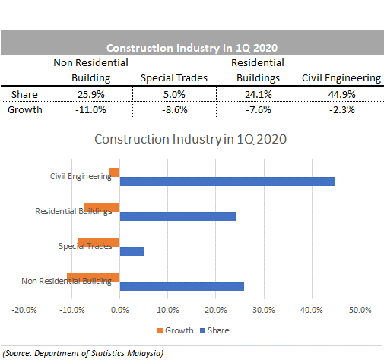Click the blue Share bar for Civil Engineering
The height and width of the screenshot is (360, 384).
point(227,182)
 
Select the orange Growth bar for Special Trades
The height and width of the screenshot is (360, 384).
point(99,242)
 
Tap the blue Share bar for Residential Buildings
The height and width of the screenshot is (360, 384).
point(178,216)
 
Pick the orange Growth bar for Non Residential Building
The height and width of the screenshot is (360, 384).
point(94,277)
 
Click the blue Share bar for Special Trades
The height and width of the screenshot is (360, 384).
point(132,251)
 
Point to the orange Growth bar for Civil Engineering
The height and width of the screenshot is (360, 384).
point(114,172)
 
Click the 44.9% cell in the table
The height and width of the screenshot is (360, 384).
point(341,95)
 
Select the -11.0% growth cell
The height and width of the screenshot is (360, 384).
point(90,110)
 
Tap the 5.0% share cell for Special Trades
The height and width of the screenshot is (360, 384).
point(174,95)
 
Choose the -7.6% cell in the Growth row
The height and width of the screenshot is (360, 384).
point(258,110)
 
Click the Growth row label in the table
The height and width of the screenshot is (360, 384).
point(25,110)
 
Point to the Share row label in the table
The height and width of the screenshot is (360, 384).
point(24,95)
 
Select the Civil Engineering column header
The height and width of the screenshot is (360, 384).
point(341,78)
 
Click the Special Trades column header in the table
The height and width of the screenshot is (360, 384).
point(174,78)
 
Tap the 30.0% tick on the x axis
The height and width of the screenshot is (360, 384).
point(264,310)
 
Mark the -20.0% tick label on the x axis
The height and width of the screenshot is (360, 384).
point(24,310)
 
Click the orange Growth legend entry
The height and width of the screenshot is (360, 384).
point(176,330)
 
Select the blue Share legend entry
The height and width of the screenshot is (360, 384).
point(214,330)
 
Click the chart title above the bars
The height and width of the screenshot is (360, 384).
point(190,139)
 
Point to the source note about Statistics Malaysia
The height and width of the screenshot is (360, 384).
point(83,353)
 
